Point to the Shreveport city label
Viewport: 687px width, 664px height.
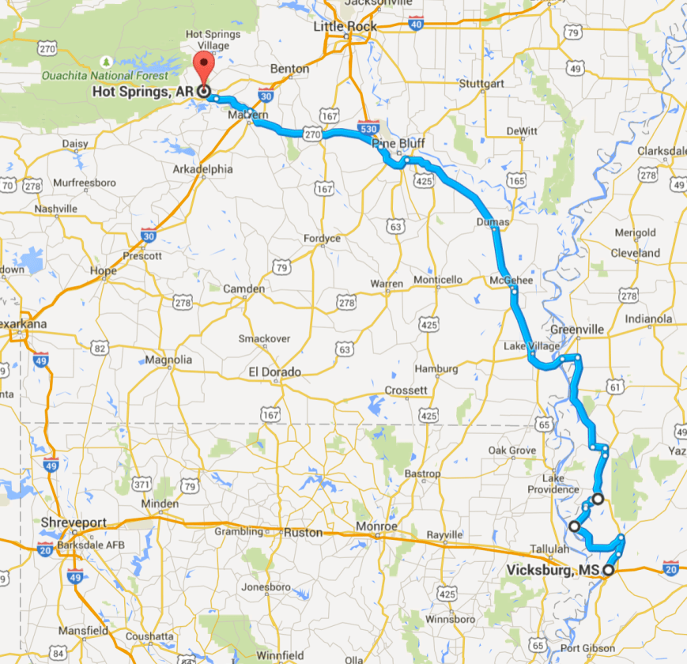[x=74, y=523]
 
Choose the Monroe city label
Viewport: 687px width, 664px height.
[x=375, y=526]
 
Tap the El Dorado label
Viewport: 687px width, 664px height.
[x=274, y=372]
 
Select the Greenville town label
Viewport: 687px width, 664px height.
[x=577, y=329]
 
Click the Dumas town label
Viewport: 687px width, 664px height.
[x=493, y=223]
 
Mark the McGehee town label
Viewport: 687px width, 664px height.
[x=511, y=281]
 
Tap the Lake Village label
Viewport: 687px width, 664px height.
[x=531, y=346]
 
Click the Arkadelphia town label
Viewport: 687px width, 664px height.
[x=203, y=168]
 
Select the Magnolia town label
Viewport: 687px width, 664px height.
[x=169, y=360]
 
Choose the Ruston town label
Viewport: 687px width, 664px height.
[x=304, y=533]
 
